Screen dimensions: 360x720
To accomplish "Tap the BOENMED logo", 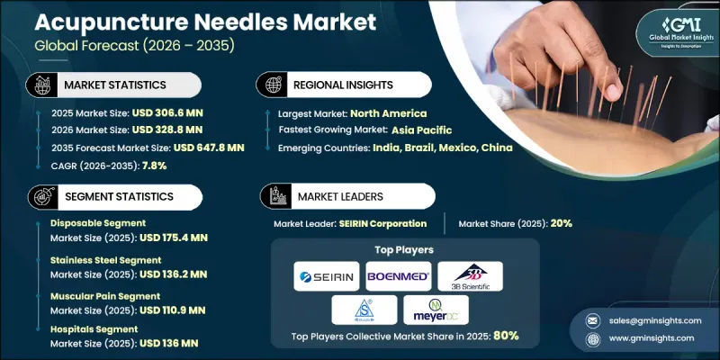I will pyautogui.click(x=398, y=275).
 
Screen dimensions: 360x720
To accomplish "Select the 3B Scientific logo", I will pyautogui.click(x=470, y=275).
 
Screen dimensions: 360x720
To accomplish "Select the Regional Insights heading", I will pyautogui.click(x=344, y=85).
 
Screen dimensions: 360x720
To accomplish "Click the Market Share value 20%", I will pyautogui.click(x=560, y=223).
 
